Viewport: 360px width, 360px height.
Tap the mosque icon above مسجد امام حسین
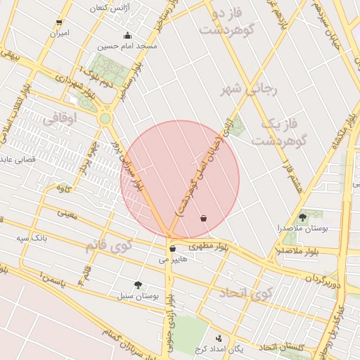pos(127,36)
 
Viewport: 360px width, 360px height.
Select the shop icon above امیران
pos(59,22)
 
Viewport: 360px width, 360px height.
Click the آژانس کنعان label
pos(109,8)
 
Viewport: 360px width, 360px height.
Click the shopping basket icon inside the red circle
pos(203,218)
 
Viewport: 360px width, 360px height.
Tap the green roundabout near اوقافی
pos(105,119)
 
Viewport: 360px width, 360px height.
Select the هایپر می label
pos(173,259)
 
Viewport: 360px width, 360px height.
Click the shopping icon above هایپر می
pos(172,248)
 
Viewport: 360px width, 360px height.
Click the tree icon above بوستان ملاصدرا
pos(302,217)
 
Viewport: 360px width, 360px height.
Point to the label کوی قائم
pos(108,247)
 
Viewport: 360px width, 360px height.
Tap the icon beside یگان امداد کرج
pos(219,337)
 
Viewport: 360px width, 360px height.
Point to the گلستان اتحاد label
pos(282,347)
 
